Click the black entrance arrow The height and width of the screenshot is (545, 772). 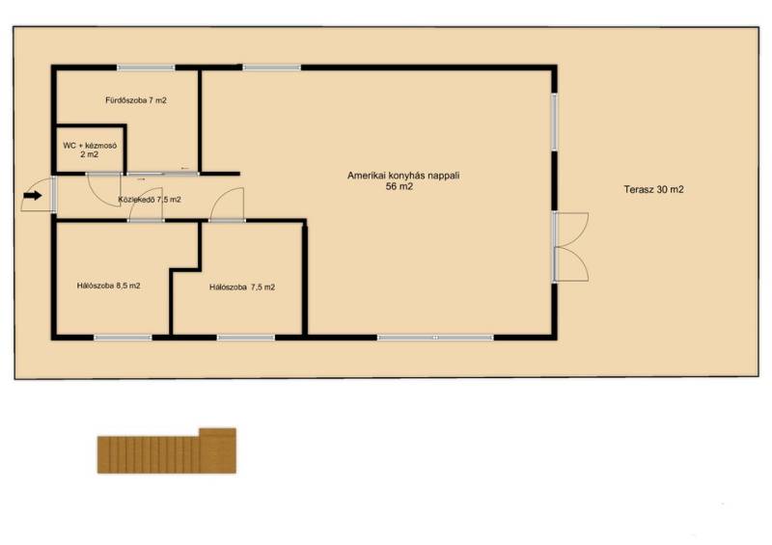(x=33, y=196)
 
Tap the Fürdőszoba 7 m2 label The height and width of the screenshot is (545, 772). (x=136, y=100)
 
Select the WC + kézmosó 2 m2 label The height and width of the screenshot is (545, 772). (x=90, y=150)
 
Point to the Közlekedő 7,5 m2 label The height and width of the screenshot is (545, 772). (x=150, y=200)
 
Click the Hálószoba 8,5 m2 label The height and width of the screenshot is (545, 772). (x=108, y=286)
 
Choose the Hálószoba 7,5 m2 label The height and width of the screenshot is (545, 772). (x=242, y=287)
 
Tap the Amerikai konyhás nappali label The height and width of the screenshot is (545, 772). (x=403, y=176)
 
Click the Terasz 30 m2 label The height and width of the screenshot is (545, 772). (x=653, y=189)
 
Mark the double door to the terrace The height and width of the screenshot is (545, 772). (x=571, y=247)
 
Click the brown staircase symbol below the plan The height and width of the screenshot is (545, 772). (x=166, y=451)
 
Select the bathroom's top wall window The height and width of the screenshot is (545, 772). (x=146, y=68)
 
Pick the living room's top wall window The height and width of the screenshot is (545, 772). (x=272, y=68)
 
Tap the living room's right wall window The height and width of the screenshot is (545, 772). (x=554, y=123)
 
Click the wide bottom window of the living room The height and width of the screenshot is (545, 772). (x=435, y=338)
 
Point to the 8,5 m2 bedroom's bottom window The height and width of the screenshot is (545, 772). (x=124, y=338)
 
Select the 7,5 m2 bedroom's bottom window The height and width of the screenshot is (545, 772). (x=246, y=338)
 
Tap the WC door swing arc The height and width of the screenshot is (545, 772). (x=104, y=189)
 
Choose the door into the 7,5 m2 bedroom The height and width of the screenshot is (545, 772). (x=227, y=204)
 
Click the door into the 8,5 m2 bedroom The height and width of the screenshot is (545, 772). (x=146, y=204)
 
